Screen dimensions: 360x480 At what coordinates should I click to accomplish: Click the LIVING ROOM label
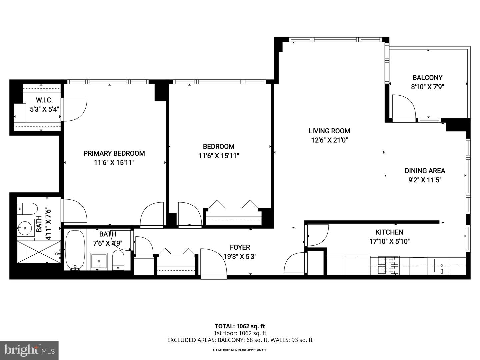pyautogui.click(x=329, y=131)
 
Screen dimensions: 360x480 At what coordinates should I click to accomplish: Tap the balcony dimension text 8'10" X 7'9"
pyautogui.click(x=427, y=87)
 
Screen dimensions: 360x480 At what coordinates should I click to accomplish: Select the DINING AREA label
pyautogui.click(x=425, y=171)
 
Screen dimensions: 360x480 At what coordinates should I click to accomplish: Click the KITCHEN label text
pyautogui.click(x=389, y=232)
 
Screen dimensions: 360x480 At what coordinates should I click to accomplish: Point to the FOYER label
pyautogui.click(x=240, y=247)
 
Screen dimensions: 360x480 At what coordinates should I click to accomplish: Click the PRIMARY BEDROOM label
pyautogui.click(x=114, y=153)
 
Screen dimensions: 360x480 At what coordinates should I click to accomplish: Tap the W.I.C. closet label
pyautogui.click(x=44, y=100)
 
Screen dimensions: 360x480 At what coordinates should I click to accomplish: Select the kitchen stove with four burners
pyautogui.click(x=388, y=265)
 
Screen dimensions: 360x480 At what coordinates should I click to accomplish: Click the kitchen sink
pyautogui.click(x=442, y=266)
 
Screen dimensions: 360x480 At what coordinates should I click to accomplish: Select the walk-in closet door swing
pyautogui.click(x=74, y=109)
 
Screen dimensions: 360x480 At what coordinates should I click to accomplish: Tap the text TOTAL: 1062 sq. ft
pyautogui.click(x=240, y=326)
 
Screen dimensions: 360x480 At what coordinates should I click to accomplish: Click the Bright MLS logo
pyautogui.click(x=29, y=350)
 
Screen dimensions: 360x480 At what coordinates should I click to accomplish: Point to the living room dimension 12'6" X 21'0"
pyautogui.click(x=329, y=140)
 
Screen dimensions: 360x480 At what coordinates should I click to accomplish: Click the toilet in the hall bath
pyautogui.click(x=118, y=260)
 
